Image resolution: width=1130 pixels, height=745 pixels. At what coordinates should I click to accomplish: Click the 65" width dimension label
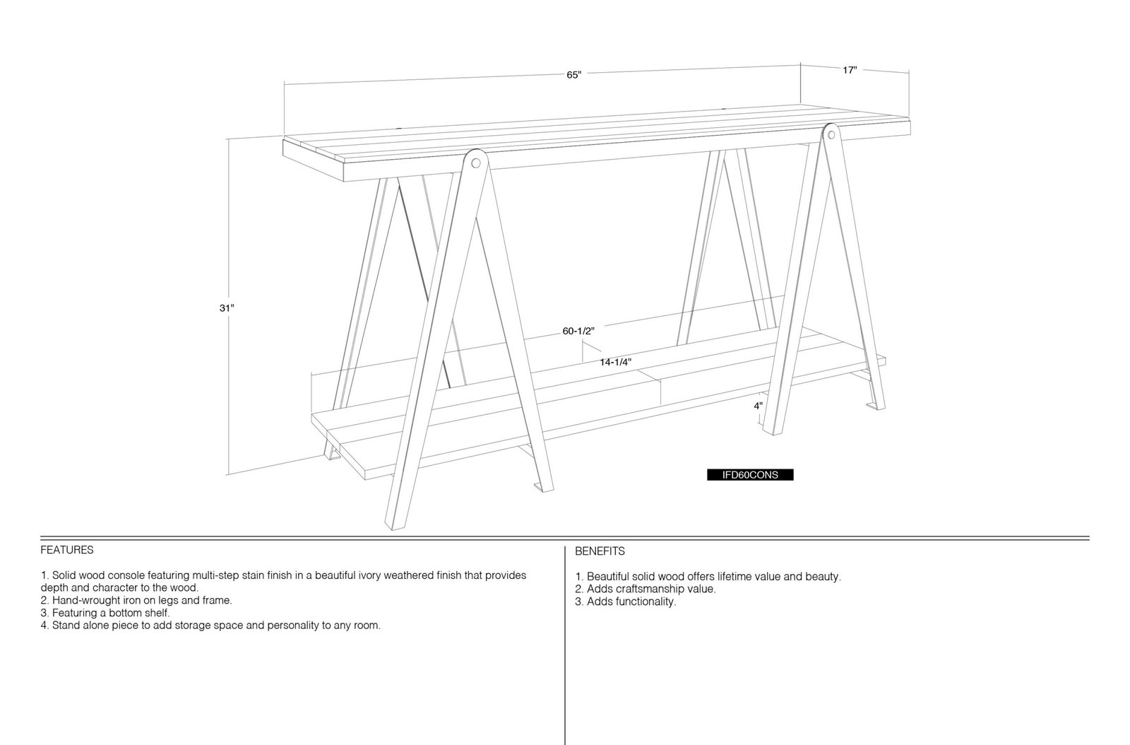(573, 75)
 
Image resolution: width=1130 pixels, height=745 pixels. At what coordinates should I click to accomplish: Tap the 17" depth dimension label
(850, 70)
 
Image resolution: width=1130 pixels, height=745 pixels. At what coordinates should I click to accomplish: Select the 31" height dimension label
(227, 308)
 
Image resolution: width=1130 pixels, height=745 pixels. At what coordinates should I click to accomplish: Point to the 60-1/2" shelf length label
(578, 331)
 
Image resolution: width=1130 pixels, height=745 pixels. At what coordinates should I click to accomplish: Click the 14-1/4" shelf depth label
(615, 362)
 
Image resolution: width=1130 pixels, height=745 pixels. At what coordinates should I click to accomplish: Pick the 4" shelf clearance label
(759, 406)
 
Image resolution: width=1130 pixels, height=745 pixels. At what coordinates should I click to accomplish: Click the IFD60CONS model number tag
(750, 475)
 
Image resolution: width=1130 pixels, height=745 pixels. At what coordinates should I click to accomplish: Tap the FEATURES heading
(67, 550)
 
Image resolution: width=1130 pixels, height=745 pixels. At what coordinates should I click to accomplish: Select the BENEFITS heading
(600, 552)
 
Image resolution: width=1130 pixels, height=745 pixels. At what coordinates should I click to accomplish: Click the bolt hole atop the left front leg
(476, 163)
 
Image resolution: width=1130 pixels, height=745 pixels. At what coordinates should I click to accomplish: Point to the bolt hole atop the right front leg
(830, 135)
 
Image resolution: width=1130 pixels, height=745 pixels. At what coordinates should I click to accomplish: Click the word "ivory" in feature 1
(371, 575)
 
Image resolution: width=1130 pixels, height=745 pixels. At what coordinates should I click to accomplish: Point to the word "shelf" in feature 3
(157, 613)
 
